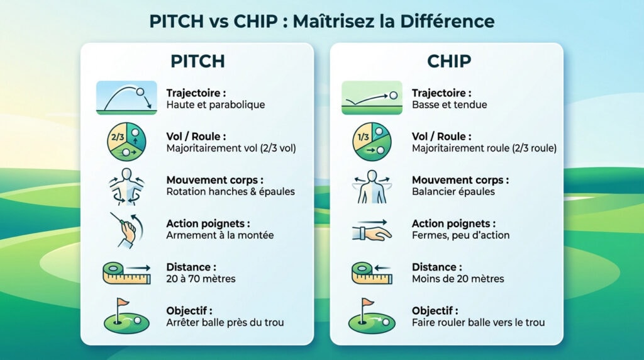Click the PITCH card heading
tap(197, 62)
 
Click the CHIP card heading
tap(448, 62)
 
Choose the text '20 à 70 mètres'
tap(201, 279)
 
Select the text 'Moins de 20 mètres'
tap(458, 279)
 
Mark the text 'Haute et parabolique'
tap(216, 105)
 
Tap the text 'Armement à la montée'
tap(219, 235)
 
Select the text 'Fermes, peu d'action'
tap(460, 235)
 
